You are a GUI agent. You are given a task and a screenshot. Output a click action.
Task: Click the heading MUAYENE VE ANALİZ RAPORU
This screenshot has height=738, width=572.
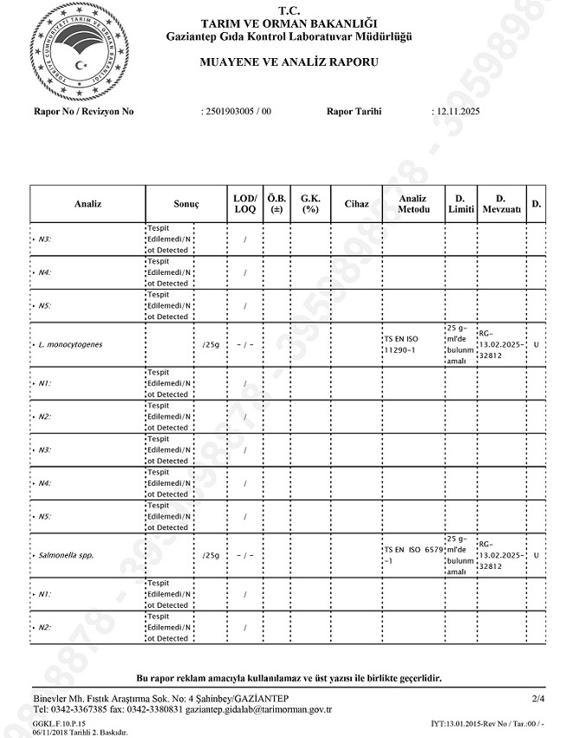click(x=289, y=62)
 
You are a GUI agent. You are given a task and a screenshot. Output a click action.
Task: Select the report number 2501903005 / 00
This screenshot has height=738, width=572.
click(x=237, y=112)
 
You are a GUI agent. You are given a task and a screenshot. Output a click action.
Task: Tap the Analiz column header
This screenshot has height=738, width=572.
click(x=88, y=204)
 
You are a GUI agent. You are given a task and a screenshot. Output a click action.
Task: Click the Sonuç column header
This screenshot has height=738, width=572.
click(x=186, y=204)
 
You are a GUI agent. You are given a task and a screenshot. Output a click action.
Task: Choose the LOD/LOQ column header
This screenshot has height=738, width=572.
click(x=244, y=204)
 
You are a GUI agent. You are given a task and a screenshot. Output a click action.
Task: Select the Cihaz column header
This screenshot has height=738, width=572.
click(x=356, y=204)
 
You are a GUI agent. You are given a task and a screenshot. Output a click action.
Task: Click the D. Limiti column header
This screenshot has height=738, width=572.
click(x=460, y=204)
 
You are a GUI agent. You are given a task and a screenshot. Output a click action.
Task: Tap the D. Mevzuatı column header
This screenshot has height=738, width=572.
click(x=501, y=204)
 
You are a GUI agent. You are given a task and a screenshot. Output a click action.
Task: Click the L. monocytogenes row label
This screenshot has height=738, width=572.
click(x=70, y=345)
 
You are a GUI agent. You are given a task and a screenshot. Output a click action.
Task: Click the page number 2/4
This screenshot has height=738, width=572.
click(x=538, y=698)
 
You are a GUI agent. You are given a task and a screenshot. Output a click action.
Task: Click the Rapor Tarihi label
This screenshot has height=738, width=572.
click(x=354, y=112)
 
